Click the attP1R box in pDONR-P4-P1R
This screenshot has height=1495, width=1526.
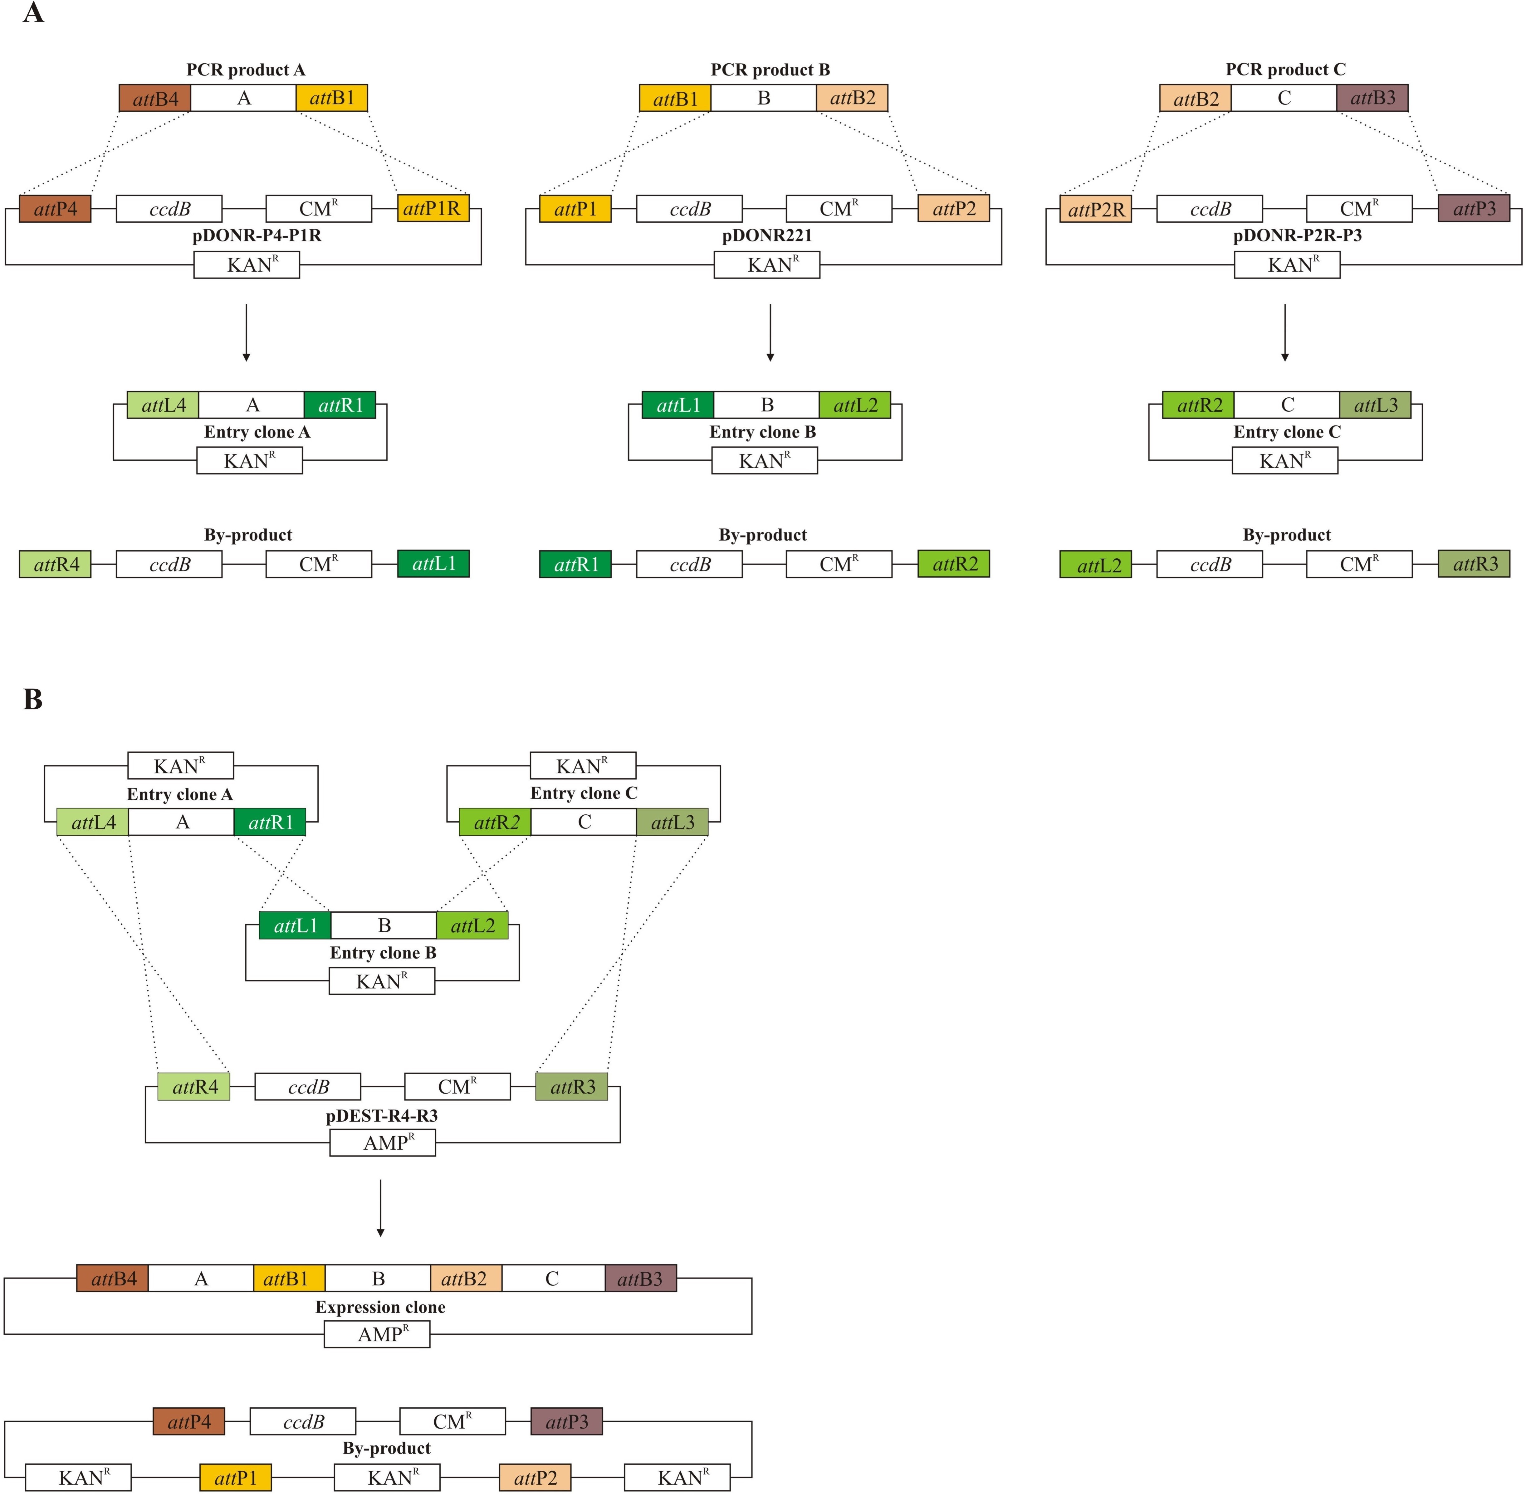coord(433,209)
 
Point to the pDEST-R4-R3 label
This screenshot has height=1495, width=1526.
coord(382,1116)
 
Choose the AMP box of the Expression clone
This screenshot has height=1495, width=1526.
coord(377,1334)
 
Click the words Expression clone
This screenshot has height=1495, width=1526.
coord(380,1307)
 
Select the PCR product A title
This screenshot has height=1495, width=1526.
coord(246,70)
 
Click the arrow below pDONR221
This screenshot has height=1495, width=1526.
coord(770,333)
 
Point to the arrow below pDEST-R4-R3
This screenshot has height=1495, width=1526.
coord(381,1208)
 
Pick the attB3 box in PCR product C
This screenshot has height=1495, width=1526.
coord(1372,98)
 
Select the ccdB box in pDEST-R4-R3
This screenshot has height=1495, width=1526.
coord(308,1087)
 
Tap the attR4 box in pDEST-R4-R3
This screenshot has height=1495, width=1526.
coord(194,1087)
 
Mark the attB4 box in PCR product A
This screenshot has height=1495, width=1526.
coord(155,98)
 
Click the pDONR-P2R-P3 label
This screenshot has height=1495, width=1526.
coord(1298,235)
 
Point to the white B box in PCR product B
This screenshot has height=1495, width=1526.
coord(763,98)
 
